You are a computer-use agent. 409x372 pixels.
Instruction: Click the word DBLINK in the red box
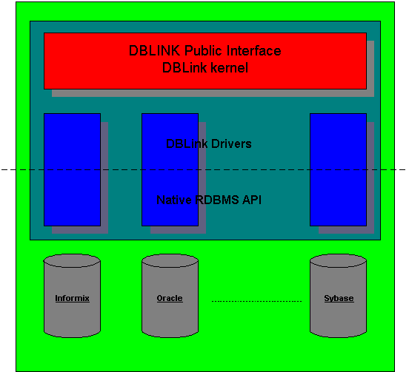tap(154, 50)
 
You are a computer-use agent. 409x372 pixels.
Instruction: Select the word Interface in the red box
tap(254, 50)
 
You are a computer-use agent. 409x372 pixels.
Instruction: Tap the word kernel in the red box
tap(229, 68)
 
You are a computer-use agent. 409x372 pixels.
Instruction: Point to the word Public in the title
tap(203, 50)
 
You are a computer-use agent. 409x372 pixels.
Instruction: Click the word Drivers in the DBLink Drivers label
tap(231, 143)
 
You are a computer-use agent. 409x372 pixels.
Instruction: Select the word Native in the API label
tap(174, 200)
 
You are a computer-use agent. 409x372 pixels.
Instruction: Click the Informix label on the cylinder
tap(73, 298)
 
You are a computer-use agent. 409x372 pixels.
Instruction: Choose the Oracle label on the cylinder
tap(170, 298)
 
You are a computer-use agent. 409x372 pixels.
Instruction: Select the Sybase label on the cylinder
tap(339, 298)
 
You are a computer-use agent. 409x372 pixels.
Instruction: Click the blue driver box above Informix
tap(73, 170)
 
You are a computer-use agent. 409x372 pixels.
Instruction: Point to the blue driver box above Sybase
tap(339, 170)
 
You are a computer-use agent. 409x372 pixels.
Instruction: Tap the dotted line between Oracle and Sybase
tap(256, 301)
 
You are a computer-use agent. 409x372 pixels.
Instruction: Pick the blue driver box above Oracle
tap(170, 170)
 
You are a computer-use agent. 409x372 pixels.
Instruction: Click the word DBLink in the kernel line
tap(184, 68)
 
